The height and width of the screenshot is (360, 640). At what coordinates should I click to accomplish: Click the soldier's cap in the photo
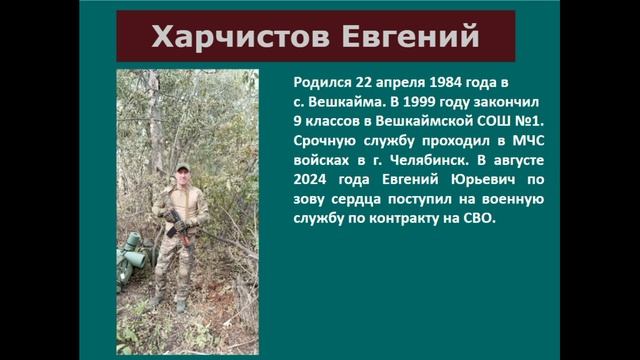click(182, 167)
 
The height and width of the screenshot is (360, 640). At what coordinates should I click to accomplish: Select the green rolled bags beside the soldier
click(131, 256)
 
